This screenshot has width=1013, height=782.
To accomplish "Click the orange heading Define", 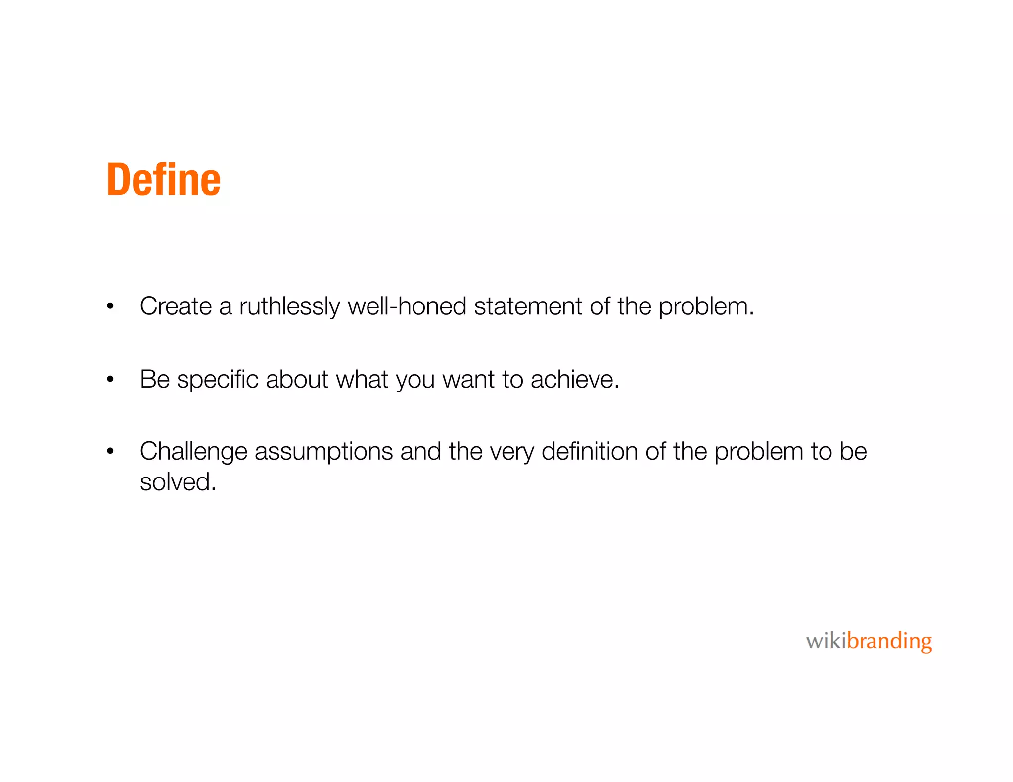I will pos(163,179).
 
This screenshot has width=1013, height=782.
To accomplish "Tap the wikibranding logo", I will pos(869,641).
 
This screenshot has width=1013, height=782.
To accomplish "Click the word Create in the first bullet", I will pos(176,306).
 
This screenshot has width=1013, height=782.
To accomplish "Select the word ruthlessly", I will pos(289,306).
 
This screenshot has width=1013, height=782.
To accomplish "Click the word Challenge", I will pos(193,452).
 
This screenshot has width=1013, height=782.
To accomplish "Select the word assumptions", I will pos(323,452).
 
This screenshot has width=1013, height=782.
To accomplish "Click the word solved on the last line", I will pos(178,482).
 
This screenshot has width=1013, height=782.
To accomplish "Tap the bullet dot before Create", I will pos(110,306).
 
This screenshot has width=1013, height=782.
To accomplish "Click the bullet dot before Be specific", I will pos(110,380).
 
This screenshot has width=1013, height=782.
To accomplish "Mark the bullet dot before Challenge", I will pos(110,451).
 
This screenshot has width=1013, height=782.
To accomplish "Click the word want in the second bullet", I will pos(468,380).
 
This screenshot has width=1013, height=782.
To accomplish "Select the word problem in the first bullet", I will pos(705,306).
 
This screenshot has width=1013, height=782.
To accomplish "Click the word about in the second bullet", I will pos(297,379).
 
